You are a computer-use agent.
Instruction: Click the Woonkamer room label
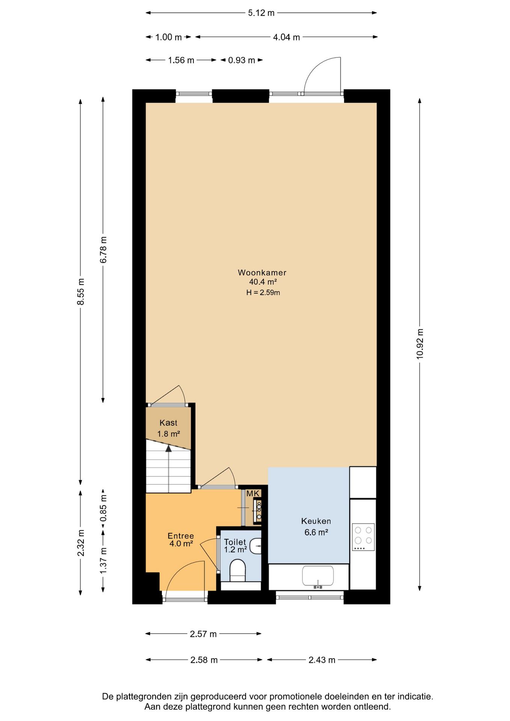tap(262, 273)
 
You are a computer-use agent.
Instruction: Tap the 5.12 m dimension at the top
tap(261, 13)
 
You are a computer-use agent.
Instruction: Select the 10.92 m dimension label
tap(420, 344)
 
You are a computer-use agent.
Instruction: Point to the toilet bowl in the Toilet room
tap(237, 570)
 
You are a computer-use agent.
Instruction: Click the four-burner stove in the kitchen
tap(363, 537)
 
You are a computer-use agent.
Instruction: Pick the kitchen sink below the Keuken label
tap(318, 576)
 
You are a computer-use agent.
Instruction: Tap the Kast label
tap(168, 423)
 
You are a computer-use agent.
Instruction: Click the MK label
tap(253, 493)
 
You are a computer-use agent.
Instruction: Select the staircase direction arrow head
tap(169, 448)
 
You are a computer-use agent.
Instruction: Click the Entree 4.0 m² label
tap(181, 540)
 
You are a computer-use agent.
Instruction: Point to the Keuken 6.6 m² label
tap(316, 526)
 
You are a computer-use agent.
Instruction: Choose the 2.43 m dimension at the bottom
tap(322, 660)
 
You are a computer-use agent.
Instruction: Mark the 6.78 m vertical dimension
tap(103, 250)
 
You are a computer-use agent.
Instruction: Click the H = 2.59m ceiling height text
tap(263, 293)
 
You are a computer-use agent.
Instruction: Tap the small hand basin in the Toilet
tap(256, 546)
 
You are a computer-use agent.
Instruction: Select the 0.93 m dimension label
tap(241, 60)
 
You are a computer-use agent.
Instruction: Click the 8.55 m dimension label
tap(81, 292)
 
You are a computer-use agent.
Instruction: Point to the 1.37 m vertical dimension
tap(103, 560)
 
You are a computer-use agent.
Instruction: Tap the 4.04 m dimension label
tap(287, 37)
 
